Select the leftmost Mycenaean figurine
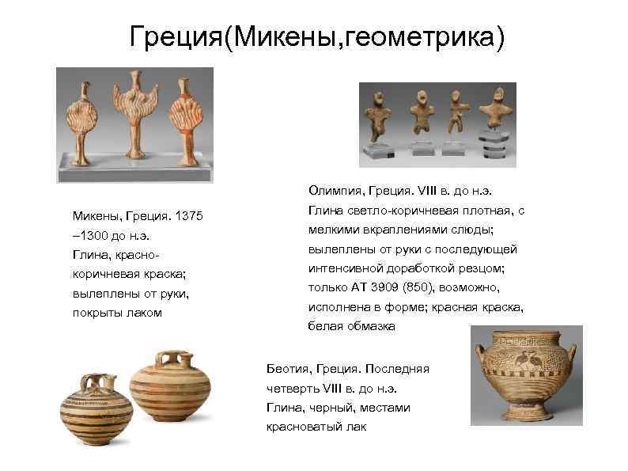83,123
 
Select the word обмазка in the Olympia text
372,326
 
